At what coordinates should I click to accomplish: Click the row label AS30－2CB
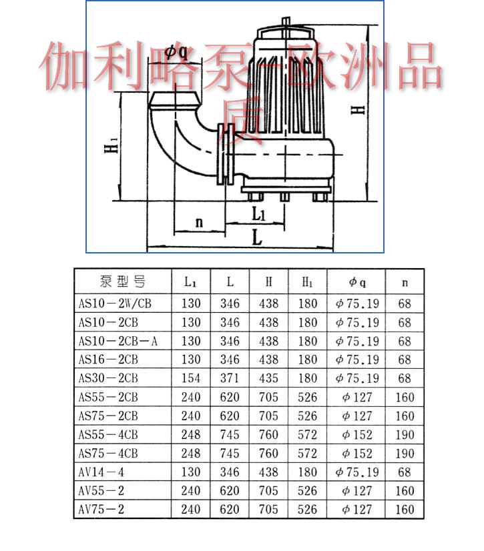[x=108, y=378]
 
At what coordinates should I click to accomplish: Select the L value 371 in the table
[x=230, y=378]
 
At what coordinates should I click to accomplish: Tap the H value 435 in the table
[x=269, y=378]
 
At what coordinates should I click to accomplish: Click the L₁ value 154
[x=191, y=378]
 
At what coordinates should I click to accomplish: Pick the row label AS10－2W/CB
[x=115, y=304]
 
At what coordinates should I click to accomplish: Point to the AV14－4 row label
[x=101, y=472]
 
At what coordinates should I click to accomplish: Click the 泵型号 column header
[x=122, y=282]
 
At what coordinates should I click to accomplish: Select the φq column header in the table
[x=357, y=282]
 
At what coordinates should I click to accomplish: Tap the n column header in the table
[x=405, y=283]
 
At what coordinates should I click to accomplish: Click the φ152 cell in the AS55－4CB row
[x=357, y=435]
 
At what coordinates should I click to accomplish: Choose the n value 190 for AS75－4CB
[x=405, y=454]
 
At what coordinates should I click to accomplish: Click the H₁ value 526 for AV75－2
[x=308, y=509]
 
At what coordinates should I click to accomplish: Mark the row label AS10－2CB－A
[x=118, y=341]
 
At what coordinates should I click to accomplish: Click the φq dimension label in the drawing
[x=176, y=53]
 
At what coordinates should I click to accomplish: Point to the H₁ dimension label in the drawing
[x=111, y=145]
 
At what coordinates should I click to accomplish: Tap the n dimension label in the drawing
[x=199, y=222]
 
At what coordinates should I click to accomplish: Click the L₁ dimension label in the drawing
[x=258, y=213]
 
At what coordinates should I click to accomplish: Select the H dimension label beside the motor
[x=358, y=110]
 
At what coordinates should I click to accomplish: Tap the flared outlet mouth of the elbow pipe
[x=175, y=101]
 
